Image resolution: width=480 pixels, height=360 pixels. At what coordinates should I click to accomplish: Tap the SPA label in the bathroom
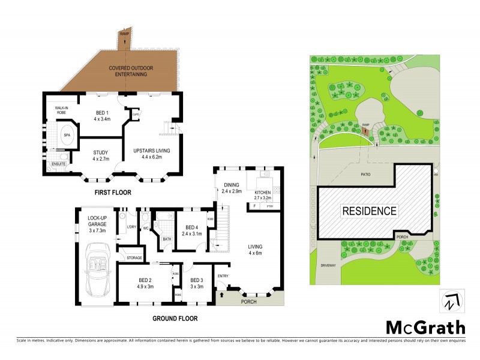point(67,136)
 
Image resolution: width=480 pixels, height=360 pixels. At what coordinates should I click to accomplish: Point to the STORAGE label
point(134,258)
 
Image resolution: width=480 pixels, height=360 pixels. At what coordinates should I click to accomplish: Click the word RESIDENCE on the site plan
point(370,211)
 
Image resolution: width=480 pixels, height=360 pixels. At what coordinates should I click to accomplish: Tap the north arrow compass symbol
point(453,302)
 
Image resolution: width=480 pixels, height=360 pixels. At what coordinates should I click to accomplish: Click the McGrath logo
point(425,327)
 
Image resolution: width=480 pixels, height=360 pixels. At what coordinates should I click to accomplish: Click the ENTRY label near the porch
point(223,277)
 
